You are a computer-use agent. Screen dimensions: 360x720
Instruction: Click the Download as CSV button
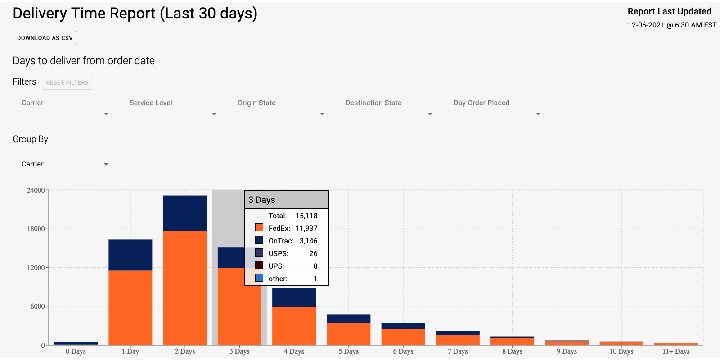pos(45,38)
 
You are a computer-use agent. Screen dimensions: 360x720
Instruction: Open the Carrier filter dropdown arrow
pos(106,114)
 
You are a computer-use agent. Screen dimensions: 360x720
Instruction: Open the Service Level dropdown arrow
pos(214,114)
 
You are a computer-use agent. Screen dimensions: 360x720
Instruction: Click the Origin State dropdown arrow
pos(322,114)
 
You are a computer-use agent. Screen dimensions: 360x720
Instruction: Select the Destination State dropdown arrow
pos(430,114)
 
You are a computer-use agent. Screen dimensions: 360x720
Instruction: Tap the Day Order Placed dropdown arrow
pos(538,114)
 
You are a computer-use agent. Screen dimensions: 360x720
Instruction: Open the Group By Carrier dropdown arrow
pos(106,165)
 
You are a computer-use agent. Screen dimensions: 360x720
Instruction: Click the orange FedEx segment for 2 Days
pos(185,288)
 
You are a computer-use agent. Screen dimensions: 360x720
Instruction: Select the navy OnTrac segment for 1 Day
pos(130,255)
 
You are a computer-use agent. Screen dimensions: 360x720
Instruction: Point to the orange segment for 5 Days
pos(349,333)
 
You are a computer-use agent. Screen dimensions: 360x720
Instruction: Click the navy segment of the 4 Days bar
pos(294,297)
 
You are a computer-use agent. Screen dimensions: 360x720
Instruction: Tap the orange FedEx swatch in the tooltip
pos(259,228)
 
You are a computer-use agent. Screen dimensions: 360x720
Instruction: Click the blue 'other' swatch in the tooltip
pos(259,278)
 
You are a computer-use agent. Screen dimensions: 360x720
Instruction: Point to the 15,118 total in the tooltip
pos(306,216)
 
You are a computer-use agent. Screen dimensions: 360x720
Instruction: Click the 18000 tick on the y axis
pos(36,229)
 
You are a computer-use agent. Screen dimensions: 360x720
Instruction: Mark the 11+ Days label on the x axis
pos(676,351)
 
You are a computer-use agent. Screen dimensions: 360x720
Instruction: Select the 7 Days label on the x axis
pos(458,351)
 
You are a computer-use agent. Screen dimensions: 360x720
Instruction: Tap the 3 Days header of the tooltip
pos(262,200)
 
